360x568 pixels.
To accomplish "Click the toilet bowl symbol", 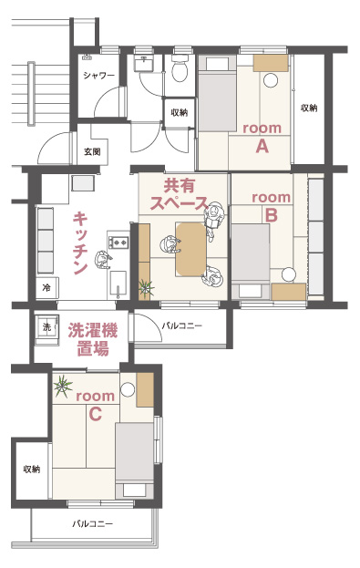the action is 180,68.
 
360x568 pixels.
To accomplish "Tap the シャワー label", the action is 98,76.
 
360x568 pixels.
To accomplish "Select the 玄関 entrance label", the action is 92,151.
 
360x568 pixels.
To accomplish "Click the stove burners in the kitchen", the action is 118,242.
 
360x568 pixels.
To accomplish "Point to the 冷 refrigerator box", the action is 46,287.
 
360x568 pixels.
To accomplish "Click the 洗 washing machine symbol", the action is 46,326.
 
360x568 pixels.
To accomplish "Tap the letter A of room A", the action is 262,147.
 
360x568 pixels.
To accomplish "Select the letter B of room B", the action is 272,215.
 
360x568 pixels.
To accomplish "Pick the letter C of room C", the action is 95,414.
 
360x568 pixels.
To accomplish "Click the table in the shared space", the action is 190,249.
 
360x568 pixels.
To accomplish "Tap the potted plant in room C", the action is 63,386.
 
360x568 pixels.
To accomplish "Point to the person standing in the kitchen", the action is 102,259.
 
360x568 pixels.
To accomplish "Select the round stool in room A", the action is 271,80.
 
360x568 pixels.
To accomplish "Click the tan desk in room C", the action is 145,390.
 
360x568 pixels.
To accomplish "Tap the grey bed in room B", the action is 251,253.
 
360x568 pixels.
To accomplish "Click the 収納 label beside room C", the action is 32,470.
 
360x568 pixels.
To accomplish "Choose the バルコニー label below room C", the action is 92,523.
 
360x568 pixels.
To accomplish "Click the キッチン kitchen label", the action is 80,243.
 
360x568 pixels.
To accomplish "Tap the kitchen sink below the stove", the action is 118,284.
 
